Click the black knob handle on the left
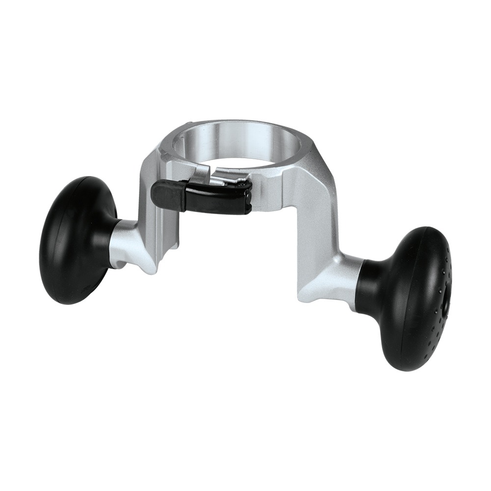(x=74, y=241)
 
